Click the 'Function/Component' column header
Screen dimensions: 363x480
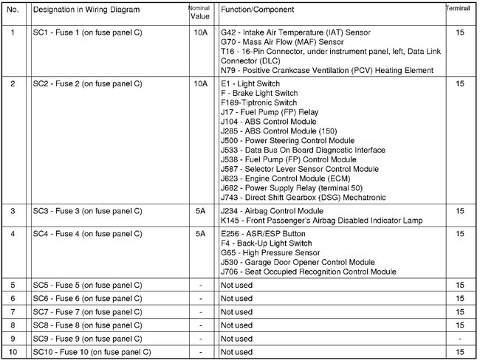[x=257, y=10]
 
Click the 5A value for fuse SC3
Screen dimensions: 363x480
[x=200, y=211]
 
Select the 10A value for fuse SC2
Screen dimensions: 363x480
[x=200, y=84]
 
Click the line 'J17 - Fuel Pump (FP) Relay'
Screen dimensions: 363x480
[x=269, y=112]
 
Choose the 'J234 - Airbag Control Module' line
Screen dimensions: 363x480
[x=273, y=211]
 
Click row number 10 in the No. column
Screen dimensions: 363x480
[x=13, y=351]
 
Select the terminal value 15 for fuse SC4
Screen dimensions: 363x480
[x=460, y=234]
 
